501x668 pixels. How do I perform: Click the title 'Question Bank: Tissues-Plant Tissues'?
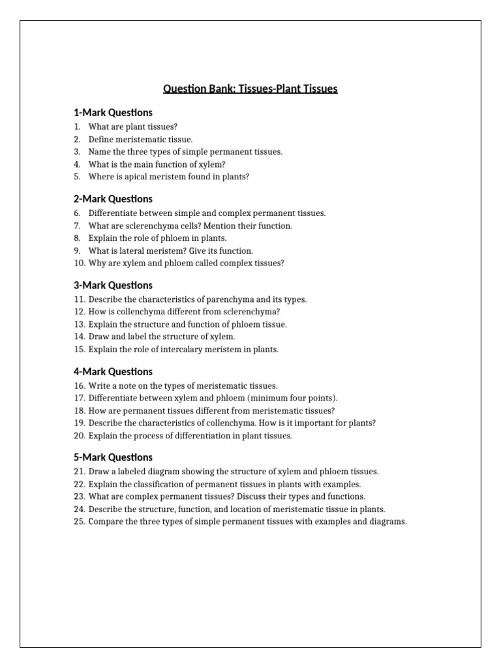250,89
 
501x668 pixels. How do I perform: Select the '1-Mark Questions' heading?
113,113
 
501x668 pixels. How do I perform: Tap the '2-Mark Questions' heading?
113,199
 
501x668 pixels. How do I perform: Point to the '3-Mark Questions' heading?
113,285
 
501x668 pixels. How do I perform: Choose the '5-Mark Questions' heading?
113,457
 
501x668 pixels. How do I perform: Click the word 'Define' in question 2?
101,139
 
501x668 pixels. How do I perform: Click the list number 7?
77,226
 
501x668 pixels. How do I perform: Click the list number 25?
80,521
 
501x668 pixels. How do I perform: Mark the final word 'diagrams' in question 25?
386,521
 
